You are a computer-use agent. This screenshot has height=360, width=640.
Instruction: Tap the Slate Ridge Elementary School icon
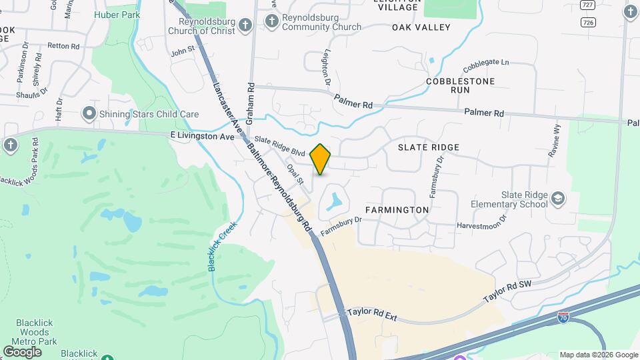[557, 198]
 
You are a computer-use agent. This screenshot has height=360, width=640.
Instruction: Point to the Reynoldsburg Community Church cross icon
[272, 22]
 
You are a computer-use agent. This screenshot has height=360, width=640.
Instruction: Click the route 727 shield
[587, 5]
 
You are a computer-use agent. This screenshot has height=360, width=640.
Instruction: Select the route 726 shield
[587, 22]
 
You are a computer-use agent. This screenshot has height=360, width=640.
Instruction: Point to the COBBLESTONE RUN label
[451, 85]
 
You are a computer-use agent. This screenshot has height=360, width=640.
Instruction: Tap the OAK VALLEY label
[421, 27]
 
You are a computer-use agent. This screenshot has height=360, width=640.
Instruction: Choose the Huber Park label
[117, 13]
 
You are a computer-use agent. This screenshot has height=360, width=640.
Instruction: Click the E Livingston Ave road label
[203, 136]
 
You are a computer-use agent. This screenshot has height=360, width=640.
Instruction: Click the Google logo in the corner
[23, 351]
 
